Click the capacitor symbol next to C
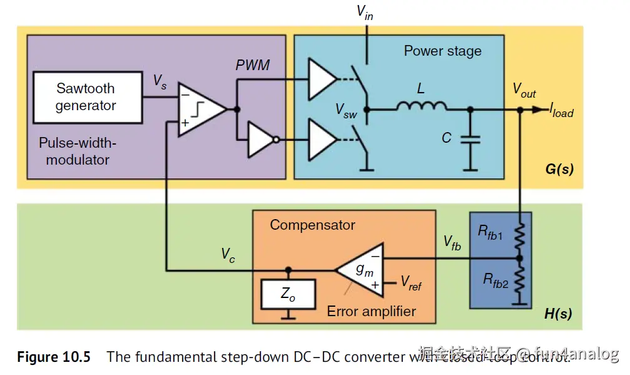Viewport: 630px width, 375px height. point(470,142)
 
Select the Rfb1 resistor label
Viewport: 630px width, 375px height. point(490,231)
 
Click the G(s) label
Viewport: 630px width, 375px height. point(559,169)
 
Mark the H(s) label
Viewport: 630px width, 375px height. point(557,313)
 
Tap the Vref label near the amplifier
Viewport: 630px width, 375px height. point(411,284)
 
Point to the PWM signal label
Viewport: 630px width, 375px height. point(253,65)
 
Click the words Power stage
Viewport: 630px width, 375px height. point(442,51)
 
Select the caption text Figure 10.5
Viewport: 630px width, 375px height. point(54,357)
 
